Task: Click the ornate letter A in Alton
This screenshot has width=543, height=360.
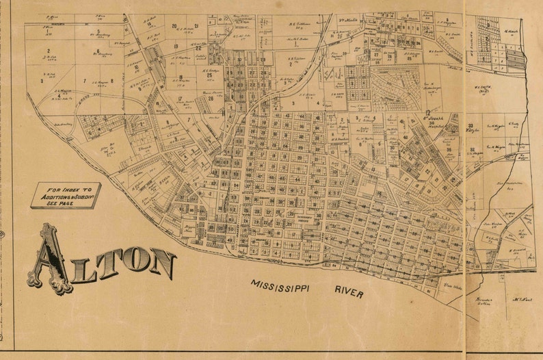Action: (x=49, y=258)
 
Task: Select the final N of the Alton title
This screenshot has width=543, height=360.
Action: (x=162, y=263)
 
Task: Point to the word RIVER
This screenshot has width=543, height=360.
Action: (x=349, y=291)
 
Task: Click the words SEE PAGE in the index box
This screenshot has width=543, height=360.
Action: (x=65, y=204)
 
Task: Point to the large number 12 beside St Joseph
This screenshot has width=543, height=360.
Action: (x=427, y=112)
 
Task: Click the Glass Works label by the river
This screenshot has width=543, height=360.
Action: (x=449, y=286)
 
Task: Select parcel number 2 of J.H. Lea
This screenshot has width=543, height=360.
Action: (x=48, y=50)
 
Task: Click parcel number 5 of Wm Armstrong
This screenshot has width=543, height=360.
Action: (x=98, y=31)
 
